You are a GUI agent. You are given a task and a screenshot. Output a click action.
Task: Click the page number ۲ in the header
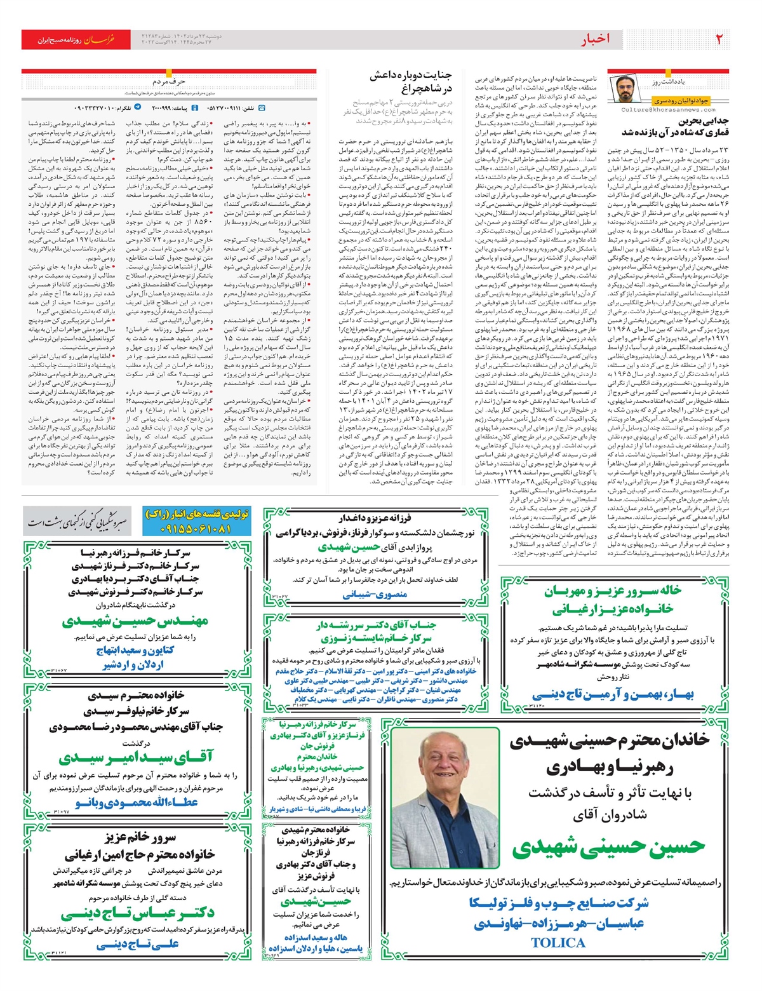coord(719,39)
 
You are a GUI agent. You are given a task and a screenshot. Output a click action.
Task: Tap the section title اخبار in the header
coord(595,39)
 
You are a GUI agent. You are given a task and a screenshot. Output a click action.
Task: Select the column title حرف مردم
coord(168,82)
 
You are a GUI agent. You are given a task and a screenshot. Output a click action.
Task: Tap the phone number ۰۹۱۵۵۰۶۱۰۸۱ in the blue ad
coord(196,529)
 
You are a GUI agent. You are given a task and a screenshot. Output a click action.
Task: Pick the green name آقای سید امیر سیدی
coord(136,757)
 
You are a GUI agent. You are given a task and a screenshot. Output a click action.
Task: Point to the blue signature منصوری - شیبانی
coord(375,595)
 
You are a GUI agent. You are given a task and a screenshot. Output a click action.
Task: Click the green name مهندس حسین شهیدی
coord(135,621)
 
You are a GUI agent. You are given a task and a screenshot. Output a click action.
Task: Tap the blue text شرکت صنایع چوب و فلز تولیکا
coord(559,903)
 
